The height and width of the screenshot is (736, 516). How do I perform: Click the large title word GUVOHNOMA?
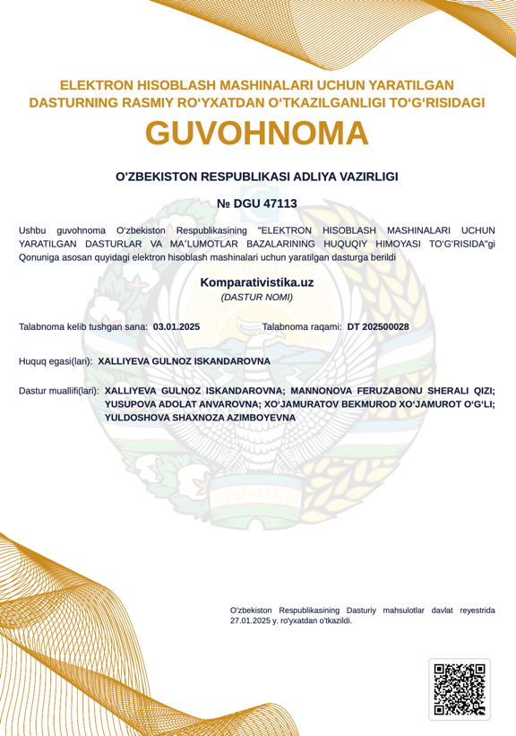[257, 134]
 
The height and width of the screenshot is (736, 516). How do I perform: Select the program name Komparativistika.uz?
[257, 281]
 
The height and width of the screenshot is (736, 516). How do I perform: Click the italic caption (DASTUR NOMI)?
[257, 297]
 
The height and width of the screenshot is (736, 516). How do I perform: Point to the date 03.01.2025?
[176, 327]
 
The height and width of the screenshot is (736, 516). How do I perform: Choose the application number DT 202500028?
[378, 327]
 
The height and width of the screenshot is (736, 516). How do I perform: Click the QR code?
[460, 689]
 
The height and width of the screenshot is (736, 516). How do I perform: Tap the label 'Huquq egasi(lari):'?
[56, 361]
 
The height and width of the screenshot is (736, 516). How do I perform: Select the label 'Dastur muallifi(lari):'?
[59, 391]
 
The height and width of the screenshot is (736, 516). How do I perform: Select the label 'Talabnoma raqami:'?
[302, 327]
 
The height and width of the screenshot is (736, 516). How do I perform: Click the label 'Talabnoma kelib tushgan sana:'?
[83, 327]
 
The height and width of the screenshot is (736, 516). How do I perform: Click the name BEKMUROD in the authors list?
[375, 404]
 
